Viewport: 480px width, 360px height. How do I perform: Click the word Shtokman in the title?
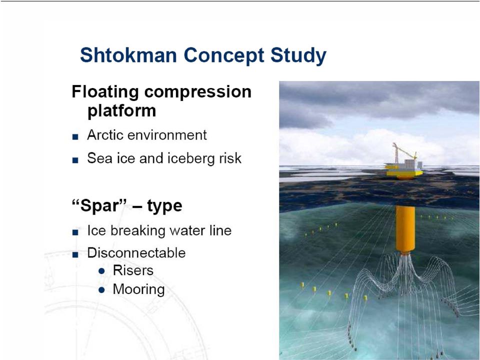128,55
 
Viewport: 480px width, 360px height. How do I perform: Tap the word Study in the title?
298,56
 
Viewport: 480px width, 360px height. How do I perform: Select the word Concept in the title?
224,56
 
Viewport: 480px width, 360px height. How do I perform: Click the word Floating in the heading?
105,92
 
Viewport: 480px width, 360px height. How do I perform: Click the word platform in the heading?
122,111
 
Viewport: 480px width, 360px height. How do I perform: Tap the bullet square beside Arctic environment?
75,136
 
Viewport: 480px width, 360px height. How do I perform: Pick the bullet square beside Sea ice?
75,160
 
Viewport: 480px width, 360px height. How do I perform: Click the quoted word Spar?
99,205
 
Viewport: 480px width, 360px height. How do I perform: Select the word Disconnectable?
136,253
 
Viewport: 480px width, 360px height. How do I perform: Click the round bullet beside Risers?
101,271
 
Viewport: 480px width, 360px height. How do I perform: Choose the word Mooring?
138,289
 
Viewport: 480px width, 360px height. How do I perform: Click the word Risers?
133,270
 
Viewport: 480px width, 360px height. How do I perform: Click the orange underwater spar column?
405,229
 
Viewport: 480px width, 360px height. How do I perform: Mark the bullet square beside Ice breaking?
75,232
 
